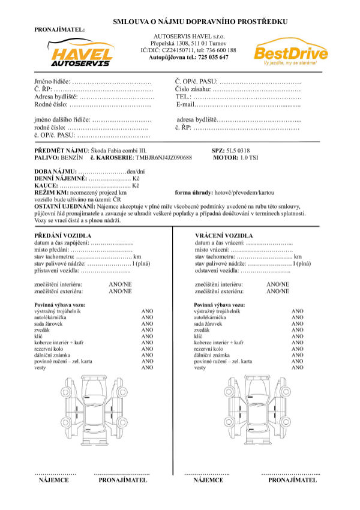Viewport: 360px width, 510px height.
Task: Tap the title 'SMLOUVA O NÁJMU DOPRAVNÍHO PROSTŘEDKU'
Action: tap(200, 22)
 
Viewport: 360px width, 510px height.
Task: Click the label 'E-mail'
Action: tap(187, 104)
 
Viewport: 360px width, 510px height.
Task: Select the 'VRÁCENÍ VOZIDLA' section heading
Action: tap(224, 235)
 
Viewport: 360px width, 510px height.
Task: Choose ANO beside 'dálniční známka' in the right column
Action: tap(297, 355)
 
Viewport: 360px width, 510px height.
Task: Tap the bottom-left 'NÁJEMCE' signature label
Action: tap(53, 480)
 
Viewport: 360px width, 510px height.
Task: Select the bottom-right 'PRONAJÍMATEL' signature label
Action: tap(292, 480)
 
